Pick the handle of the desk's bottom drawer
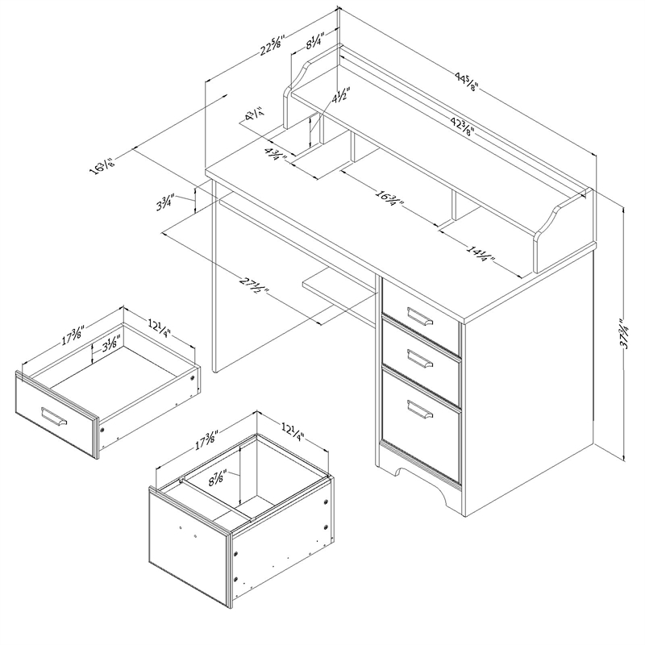click(x=420, y=410)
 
